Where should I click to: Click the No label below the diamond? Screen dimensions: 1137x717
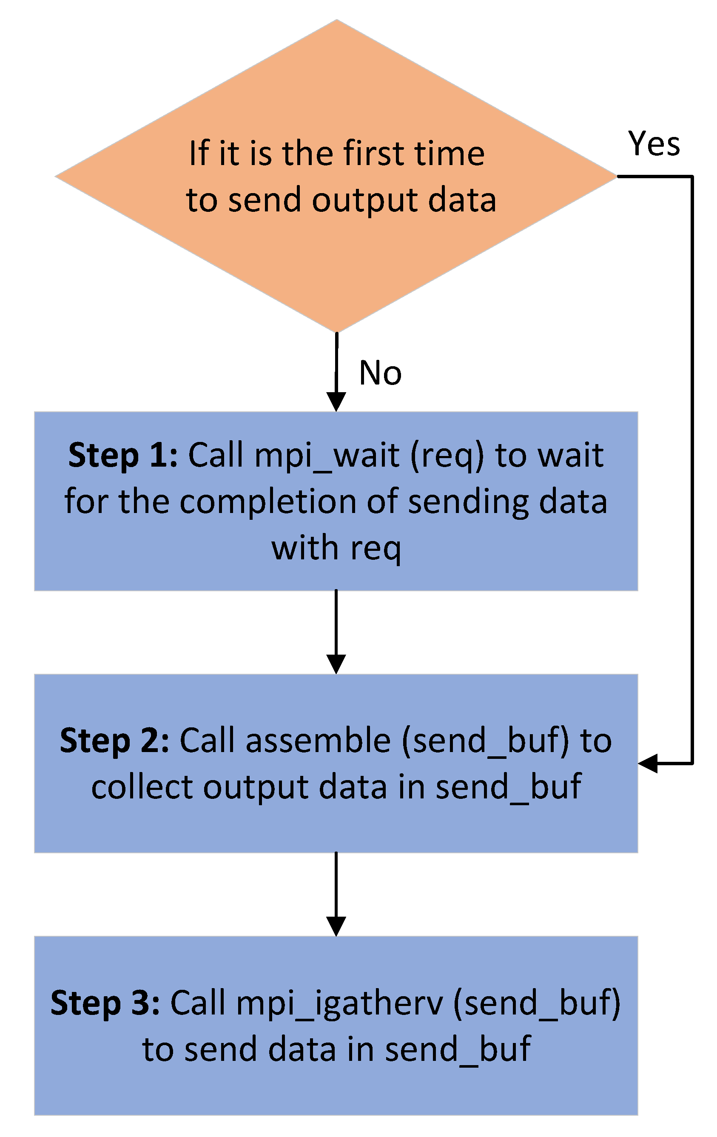click(380, 373)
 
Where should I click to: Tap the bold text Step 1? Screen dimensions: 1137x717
click(123, 456)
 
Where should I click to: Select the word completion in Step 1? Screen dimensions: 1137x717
click(268, 502)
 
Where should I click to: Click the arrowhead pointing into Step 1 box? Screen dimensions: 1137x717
click(336, 402)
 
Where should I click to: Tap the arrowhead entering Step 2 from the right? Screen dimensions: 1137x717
click(648, 763)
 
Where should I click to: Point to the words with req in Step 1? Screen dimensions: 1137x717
click(336, 549)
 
